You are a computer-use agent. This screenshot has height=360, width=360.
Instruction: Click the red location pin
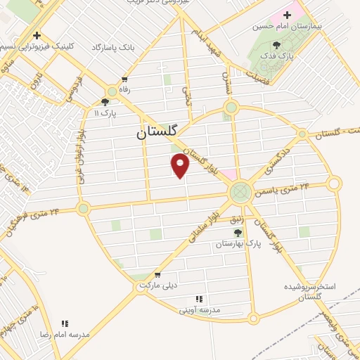pyautogui.click(x=181, y=166)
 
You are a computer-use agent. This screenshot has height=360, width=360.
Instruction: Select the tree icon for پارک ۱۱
pyautogui.click(x=105, y=102)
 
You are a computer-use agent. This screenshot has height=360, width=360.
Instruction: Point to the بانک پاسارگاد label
pyautogui.click(x=112, y=47)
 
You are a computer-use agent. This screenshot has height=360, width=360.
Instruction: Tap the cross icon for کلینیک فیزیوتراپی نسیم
pyautogui.click(x=37, y=35)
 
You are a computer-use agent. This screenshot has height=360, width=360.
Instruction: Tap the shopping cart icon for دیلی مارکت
pyautogui.click(x=157, y=275)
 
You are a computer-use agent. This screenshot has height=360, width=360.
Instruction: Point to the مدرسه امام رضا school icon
pyautogui.click(x=65, y=323)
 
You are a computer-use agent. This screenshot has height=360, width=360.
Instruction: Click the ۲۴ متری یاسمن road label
pyautogui.click(x=285, y=189)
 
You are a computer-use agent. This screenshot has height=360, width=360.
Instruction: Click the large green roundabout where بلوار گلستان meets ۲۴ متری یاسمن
pyautogui.click(x=240, y=191)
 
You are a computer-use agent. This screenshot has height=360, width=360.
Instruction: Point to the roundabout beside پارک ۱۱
pyautogui.click(x=112, y=91)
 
